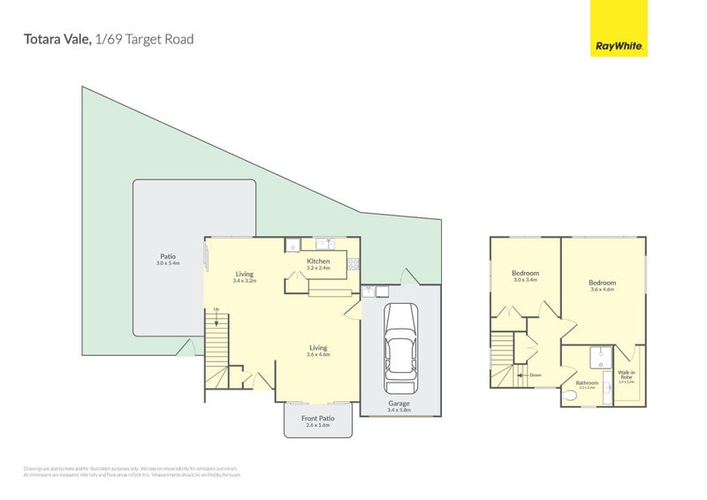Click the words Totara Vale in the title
coord(56,39)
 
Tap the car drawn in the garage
coord(400,349)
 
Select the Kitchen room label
coord(318,261)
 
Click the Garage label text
coord(399,404)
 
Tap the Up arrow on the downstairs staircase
coord(217,308)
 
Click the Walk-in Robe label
coord(627,375)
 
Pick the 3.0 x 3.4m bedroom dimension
coord(525,280)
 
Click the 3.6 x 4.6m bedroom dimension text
coord(602,290)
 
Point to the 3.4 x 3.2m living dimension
coord(245,281)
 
